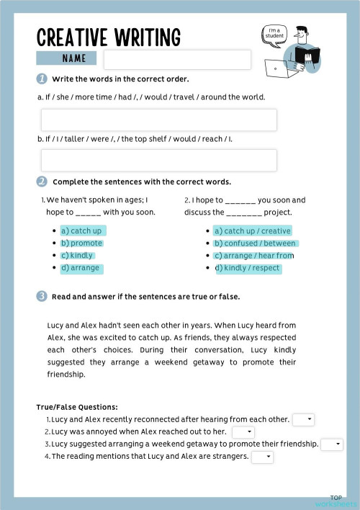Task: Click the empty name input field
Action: (177, 60)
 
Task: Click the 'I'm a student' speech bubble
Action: (274, 34)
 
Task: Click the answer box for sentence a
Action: (158, 120)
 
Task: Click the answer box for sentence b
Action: (158, 160)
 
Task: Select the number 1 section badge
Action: (42, 79)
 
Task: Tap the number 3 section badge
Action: (42, 296)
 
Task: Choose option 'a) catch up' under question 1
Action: (81, 231)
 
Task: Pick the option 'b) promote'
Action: (81, 243)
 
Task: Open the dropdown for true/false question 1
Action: (303, 419)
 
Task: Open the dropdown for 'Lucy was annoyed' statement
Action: (243, 431)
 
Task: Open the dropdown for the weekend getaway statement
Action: (331, 444)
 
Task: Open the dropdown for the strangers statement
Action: (262, 457)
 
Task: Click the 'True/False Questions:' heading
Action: (77, 407)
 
